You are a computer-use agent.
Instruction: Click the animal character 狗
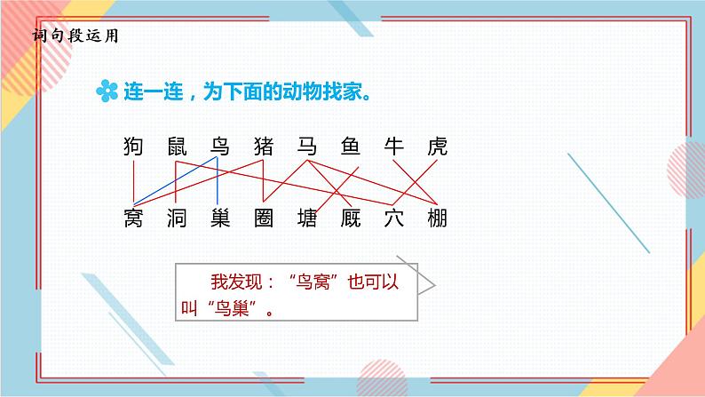coord(134,147)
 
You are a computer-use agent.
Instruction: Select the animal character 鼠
coord(178,147)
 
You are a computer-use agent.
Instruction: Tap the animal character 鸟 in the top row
coord(219,147)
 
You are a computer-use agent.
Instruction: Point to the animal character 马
coord(306,147)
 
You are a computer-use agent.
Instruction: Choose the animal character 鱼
coord(350,147)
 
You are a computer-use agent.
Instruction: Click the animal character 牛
coord(393,147)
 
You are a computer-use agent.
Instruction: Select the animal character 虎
coord(436,147)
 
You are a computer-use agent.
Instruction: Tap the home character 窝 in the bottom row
coord(134,217)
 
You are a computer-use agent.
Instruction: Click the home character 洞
coord(178,217)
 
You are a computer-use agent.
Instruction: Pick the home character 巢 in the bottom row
coord(219,217)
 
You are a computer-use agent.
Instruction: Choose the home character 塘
coord(306,217)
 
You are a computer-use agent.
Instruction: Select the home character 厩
coord(350,217)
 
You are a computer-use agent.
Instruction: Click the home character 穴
coord(393,217)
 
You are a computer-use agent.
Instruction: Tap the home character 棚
coord(436,217)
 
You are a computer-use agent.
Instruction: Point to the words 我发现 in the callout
coord(232,283)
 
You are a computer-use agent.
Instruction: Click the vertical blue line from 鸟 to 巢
coord(218,182)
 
